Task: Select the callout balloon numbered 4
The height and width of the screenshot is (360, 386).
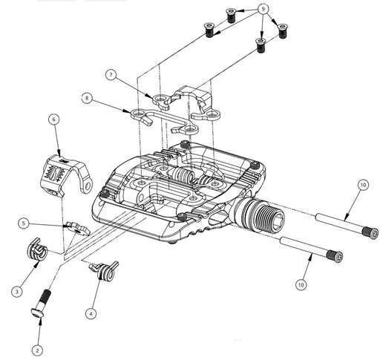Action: point(91,313)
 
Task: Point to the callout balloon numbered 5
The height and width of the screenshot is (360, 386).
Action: point(24,223)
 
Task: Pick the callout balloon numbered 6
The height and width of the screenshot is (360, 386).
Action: point(54,120)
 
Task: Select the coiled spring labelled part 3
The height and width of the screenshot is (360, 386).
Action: point(37,250)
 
